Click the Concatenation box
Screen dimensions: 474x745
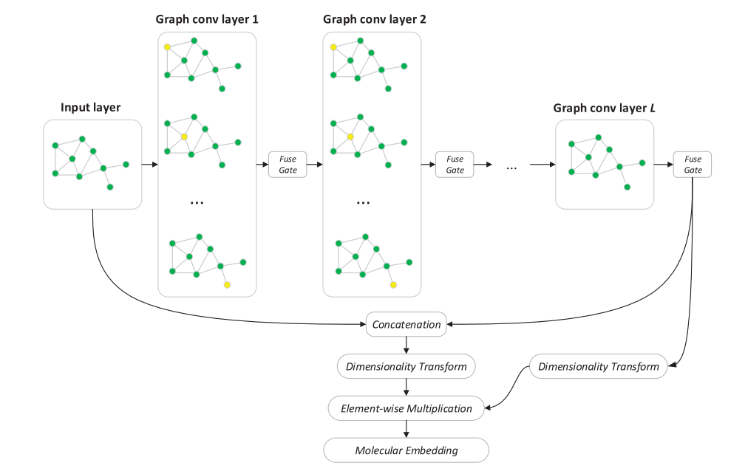pyautogui.click(x=406, y=324)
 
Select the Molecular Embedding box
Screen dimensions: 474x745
pyautogui.click(x=406, y=450)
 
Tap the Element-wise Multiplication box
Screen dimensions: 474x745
pyautogui.click(x=406, y=408)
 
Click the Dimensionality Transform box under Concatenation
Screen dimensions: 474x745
pyautogui.click(x=406, y=366)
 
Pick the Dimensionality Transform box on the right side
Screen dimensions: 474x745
pyautogui.click(x=599, y=366)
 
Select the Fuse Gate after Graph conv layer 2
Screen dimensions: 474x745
pyautogui.click(x=455, y=165)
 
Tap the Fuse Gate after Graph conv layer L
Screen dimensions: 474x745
pyautogui.click(x=693, y=165)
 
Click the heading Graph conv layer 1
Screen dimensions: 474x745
pyautogui.click(x=208, y=19)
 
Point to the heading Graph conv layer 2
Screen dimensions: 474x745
pyautogui.click(x=374, y=19)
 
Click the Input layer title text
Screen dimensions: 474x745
pyautogui.click(x=91, y=108)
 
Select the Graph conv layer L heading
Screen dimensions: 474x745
pyautogui.click(x=605, y=108)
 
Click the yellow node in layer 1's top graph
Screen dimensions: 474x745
pyautogui.click(x=168, y=47)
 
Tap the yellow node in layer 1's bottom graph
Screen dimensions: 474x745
pyautogui.click(x=227, y=284)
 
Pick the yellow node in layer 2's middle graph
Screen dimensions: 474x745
pyautogui.click(x=350, y=137)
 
